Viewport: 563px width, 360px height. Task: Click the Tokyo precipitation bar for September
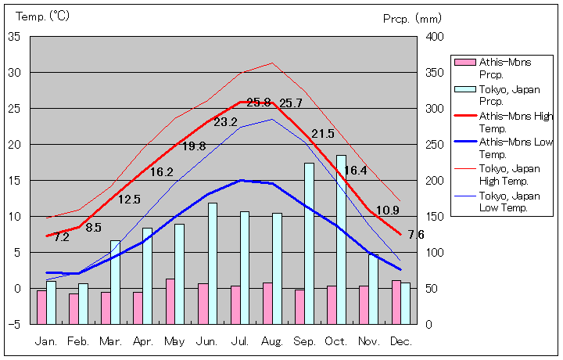pos(309,243)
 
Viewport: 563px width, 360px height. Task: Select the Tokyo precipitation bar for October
pos(341,239)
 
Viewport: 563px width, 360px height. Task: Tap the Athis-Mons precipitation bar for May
pos(170,301)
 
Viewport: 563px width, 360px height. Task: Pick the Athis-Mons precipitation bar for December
pos(396,302)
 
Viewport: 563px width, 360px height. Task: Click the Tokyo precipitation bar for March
pos(115,282)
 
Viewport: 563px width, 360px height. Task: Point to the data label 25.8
pos(259,103)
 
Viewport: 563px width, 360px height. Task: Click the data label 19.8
pos(194,146)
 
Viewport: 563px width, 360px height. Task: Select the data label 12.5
pos(129,200)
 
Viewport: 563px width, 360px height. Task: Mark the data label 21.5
pos(322,134)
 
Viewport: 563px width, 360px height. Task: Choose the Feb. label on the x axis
pos(78,341)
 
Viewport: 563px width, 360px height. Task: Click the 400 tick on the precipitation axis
pos(434,37)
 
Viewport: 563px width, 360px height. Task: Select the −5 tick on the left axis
pos(14,324)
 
